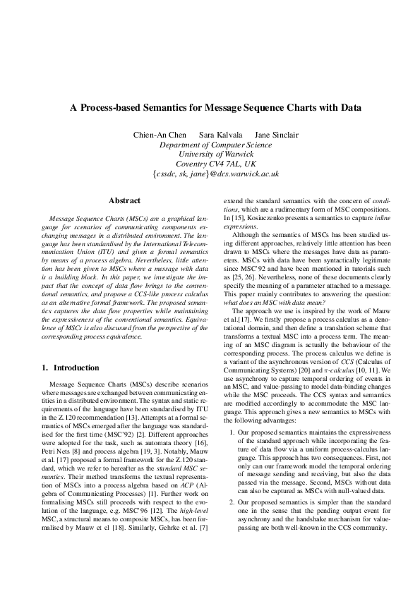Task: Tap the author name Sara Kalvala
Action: (220, 135)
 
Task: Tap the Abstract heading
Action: (124, 201)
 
